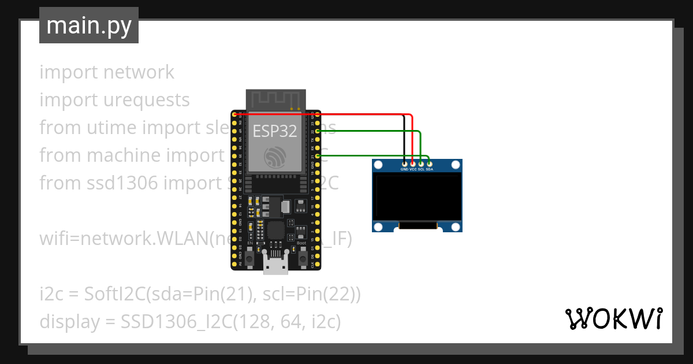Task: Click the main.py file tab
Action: click(x=88, y=25)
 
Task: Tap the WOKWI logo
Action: click(x=613, y=318)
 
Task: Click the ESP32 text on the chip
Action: click(x=275, y=131)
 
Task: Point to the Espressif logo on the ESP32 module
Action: click(x=275, y=157)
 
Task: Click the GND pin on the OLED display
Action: click(x=404, y=165)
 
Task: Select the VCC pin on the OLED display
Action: click(x=412, y=165)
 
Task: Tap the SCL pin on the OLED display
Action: click(x=421, y=165)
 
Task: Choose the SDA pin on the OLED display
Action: click(x=429, y=165)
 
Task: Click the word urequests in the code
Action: click(x=146, y=100)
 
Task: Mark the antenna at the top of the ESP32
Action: click(x=275, y=99)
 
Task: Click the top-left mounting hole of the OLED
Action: click(x=379, y=166)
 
